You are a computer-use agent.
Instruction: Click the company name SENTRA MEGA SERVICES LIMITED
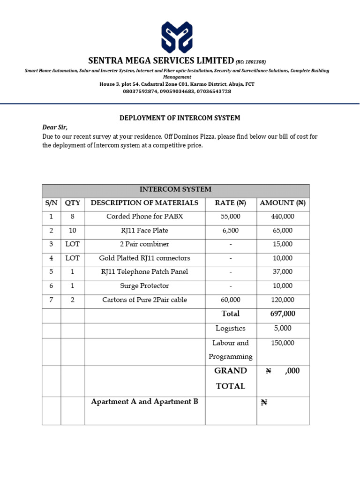click(x=161, y=60)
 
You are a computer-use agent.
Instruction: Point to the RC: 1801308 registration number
click(x=251, y=62)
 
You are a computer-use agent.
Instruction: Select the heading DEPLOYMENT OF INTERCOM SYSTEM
click(x=180, y=118)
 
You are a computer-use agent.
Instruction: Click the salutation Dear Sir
click(x=55, y=127)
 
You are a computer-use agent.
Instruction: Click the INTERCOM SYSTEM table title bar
click(x=175, y=190)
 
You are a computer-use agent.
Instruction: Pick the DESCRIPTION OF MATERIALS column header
click(x=144, y=203)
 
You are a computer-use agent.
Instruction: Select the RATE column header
click(x=230, y=203)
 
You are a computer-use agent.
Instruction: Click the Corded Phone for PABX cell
click(x=144, y=217)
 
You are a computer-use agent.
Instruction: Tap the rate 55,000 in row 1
click(x=230, y=217)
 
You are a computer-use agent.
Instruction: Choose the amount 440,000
click(x=283, y=217)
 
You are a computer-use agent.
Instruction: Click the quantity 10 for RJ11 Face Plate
click(x=72, y=231)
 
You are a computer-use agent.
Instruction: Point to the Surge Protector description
click(x=144, y=286)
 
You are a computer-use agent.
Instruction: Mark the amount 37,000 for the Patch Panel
click(x=283, y=272)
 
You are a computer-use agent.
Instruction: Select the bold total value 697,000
click(x=283, y=314)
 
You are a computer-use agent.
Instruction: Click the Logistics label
click(x=230, y=329)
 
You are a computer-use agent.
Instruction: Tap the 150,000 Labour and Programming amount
click(x=283, y=343)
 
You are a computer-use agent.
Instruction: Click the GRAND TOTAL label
click(x=230, y=378)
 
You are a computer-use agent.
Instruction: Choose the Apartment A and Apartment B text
click(x=144, y=402)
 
